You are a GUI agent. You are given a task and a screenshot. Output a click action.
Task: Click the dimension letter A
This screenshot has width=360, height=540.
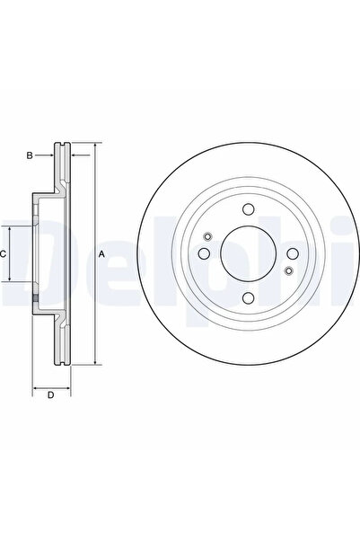[x=101, y=254]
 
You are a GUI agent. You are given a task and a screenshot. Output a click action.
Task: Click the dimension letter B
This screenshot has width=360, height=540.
[x=30, y=155]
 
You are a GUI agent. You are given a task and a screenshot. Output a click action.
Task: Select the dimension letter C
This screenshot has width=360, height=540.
[x=3, y=254]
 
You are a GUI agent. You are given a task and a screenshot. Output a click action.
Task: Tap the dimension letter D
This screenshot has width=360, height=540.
[x=50, y=395]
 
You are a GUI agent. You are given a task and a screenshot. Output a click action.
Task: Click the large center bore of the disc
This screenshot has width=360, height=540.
[x=249, y=253]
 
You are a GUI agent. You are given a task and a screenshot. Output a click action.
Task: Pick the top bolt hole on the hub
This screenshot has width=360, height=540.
[x=248, y=209]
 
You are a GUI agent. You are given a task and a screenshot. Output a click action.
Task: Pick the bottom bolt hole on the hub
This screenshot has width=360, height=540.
[x=248, y=298]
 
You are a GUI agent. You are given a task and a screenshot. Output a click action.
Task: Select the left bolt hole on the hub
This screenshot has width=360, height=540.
[x=205, y=253]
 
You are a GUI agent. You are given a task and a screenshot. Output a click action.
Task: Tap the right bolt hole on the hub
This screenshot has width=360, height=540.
[x=293, y=253]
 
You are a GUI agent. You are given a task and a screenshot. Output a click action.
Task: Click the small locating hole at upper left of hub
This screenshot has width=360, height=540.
[x=207, y=236]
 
